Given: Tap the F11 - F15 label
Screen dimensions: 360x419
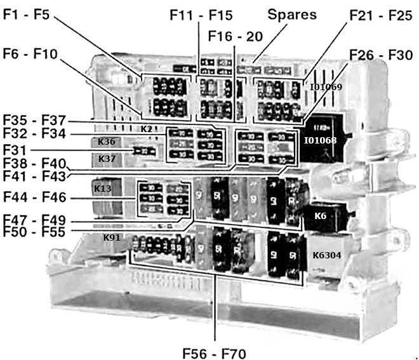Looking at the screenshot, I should pos(201,14).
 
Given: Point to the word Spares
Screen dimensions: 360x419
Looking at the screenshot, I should pos(291,13).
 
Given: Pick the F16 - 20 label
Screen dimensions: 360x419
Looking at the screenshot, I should pos(237,36).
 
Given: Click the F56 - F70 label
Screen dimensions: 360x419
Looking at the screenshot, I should pos(213,351).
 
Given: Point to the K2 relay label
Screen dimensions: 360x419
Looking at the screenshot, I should pos(146,129).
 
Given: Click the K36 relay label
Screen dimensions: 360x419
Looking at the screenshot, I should pos(107,142).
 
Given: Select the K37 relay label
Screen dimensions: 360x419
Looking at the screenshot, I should pos(107,159).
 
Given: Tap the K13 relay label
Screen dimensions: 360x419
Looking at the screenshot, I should pos(103,189).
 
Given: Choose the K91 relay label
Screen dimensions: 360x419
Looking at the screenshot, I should pos(112,238).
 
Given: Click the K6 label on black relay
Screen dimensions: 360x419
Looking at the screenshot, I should pos(321,216).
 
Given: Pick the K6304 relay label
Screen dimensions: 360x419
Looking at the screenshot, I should pos(327,255).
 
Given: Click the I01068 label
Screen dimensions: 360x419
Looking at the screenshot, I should pos(320,140).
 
